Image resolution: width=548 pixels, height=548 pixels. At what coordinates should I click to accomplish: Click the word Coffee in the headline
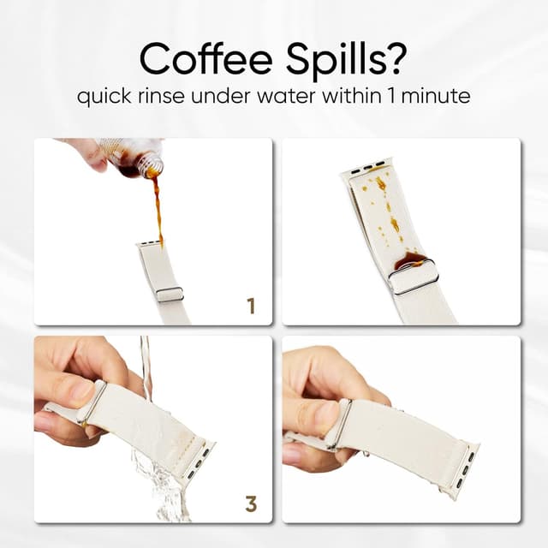[x=206, y=58]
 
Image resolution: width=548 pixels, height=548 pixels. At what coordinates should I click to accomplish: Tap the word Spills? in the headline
[x=347, y=60]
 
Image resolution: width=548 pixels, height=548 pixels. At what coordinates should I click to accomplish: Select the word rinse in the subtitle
[x=161, y=96]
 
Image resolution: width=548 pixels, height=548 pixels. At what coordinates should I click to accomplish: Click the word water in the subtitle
[x=287, y=97]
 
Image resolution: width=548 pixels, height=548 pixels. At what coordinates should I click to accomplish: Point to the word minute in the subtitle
[x=436, y=96]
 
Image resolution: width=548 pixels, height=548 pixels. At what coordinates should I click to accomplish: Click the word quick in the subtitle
[x=104, y=97]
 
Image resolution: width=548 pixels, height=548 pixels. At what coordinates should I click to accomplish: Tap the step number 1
[x=251, y=306]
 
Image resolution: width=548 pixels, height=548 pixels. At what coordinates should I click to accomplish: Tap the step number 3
[x=251, y=504]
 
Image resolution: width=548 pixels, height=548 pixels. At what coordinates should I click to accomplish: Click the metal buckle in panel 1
[x=170, y=295]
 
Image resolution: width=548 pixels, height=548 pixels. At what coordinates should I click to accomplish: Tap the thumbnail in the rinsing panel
[x=81, y=389]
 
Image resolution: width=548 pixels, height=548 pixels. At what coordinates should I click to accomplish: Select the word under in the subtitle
[x=221, y=96]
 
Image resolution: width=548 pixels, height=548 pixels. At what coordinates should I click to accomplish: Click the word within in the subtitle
[x=352, y=96]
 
